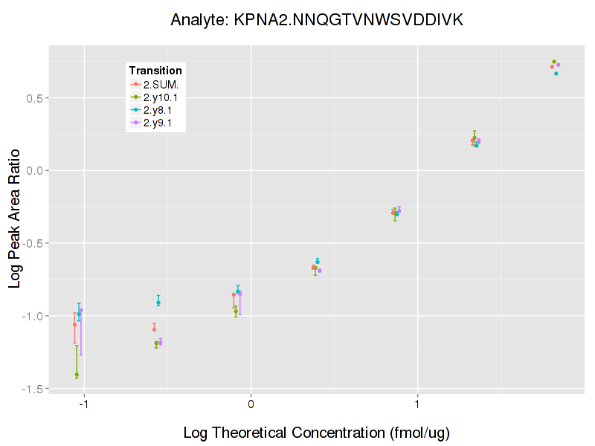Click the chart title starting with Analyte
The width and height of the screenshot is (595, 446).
click(316, 20)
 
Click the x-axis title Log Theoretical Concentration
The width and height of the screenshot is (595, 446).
click(316, 433)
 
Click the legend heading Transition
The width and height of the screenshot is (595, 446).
click(154, 71)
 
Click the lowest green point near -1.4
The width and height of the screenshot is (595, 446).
click(77, 375)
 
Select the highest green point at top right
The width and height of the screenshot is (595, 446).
click(554, 62)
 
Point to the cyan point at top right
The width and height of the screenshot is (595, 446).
click(556, 74)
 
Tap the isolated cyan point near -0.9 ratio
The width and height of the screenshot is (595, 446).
click(158, 302)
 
